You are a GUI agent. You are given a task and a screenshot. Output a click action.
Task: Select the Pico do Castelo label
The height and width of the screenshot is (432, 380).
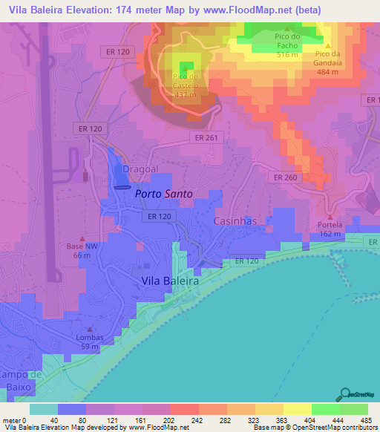(x=186, y=85)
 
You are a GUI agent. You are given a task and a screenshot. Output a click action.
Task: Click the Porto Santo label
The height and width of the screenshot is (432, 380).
(x=163, y=194)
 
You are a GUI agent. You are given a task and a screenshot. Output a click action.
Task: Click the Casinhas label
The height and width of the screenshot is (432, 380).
(x=235, y=221)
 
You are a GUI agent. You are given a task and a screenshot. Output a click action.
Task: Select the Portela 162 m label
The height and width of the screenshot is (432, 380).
(x=330, y=229)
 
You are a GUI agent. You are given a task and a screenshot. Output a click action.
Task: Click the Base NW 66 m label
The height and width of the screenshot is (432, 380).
(x=82, y=251)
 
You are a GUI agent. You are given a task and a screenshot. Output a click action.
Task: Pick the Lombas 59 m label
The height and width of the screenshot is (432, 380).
(x=90, y=341)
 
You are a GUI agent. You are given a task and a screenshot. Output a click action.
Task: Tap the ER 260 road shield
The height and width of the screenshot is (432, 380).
(x=285, y=177)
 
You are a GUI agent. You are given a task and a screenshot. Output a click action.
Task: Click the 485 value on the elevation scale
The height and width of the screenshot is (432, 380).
(x=365, y=419)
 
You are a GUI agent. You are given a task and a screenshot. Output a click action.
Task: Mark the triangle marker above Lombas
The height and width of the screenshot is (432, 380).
(x=90, y=329)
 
